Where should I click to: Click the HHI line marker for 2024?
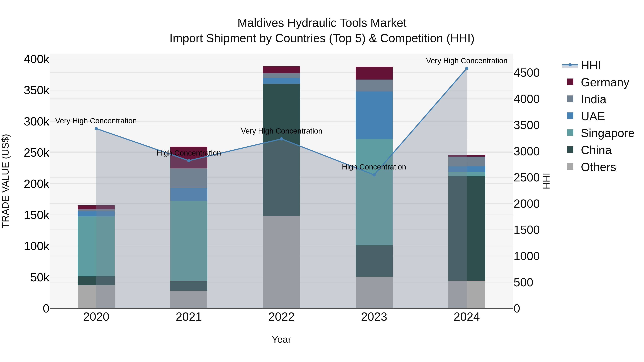click(x=467, y=68)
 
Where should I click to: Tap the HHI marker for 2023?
click(x=374, y=175)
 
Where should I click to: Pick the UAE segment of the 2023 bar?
click(x=374, y=115)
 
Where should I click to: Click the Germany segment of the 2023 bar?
click(x=374, y=73)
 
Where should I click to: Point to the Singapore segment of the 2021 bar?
click(x=189, y=241)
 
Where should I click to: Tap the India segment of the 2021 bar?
click(x=189, y=178)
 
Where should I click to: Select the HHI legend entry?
click(x=591, y=65)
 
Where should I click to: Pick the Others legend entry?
click(x=598, y=167)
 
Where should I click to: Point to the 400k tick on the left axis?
click(x=36, y=60)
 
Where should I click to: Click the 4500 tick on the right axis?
click(x=526, y=73)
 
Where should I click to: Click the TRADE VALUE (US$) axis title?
click(x=6, y=181)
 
